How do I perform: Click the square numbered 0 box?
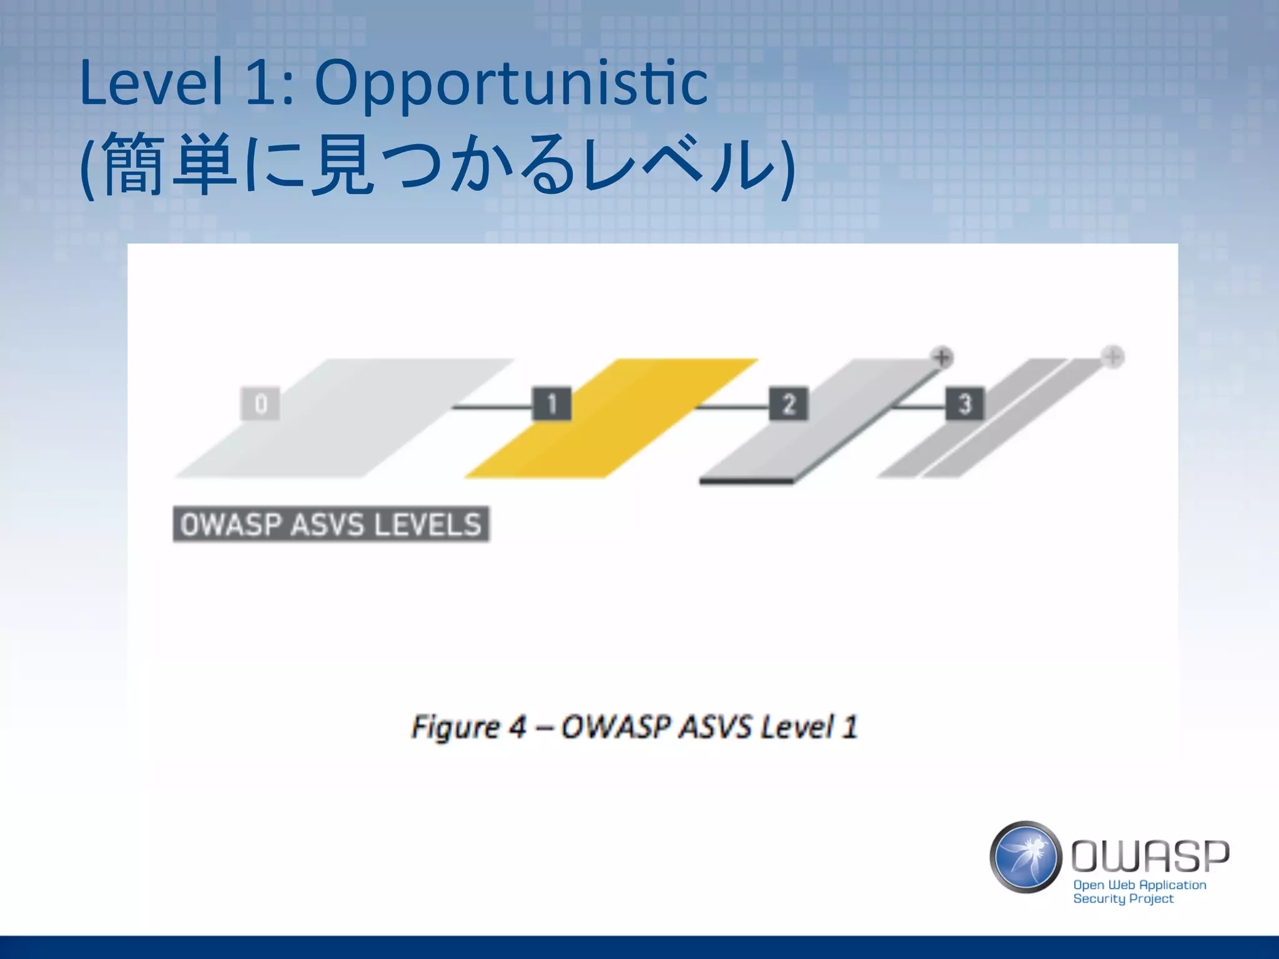[260, 404]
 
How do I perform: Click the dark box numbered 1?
[551, 404]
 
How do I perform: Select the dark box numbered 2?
[788, 404]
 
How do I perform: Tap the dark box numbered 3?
[964, 404]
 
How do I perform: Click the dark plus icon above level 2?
[942, 358]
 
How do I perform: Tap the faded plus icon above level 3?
[1112, 357]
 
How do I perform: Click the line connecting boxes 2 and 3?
[918, 407]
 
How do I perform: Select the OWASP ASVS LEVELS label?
[331, 524]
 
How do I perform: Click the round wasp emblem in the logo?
[1025, 857]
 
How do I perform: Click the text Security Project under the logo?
[1123, 899]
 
